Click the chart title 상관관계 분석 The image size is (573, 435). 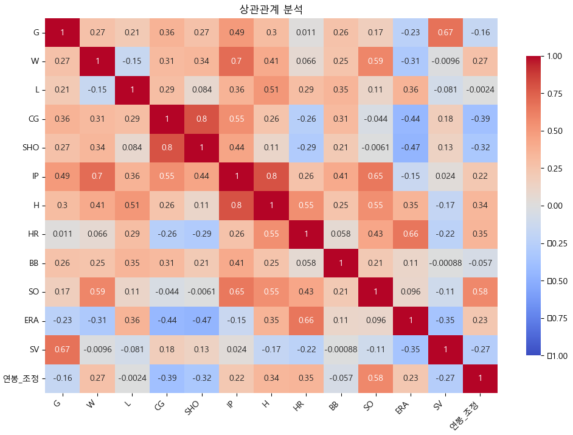272,9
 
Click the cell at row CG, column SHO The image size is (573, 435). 201,119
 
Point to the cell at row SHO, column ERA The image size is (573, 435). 410,148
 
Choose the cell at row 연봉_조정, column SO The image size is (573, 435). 375,378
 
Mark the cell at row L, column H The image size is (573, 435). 271,90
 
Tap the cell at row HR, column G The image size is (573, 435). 62,234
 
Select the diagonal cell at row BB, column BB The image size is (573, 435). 341,263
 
